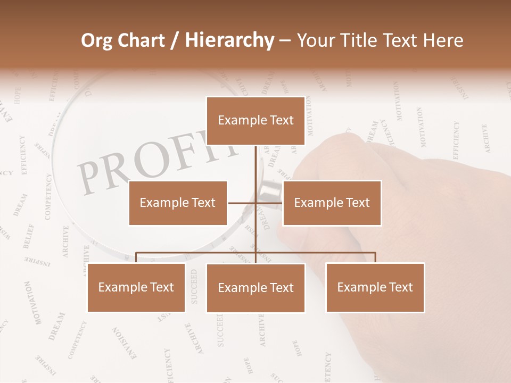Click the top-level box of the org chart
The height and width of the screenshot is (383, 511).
[256, 121]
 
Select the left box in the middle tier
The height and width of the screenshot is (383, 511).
[178, 203]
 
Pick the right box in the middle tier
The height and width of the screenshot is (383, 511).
[332, 203]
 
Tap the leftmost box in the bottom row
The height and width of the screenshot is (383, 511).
[136, 287]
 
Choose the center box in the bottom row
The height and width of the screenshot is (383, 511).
[256, 288]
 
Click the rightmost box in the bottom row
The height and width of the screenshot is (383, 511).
[375, 287]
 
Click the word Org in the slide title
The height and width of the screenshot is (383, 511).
[96, 40]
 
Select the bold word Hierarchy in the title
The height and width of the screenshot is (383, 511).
[229, 40]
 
